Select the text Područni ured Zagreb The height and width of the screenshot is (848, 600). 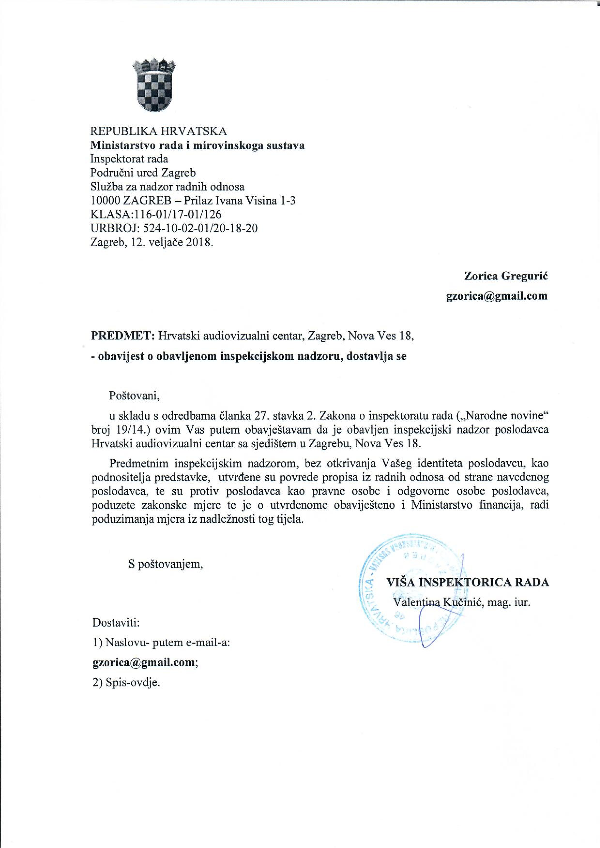143,173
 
